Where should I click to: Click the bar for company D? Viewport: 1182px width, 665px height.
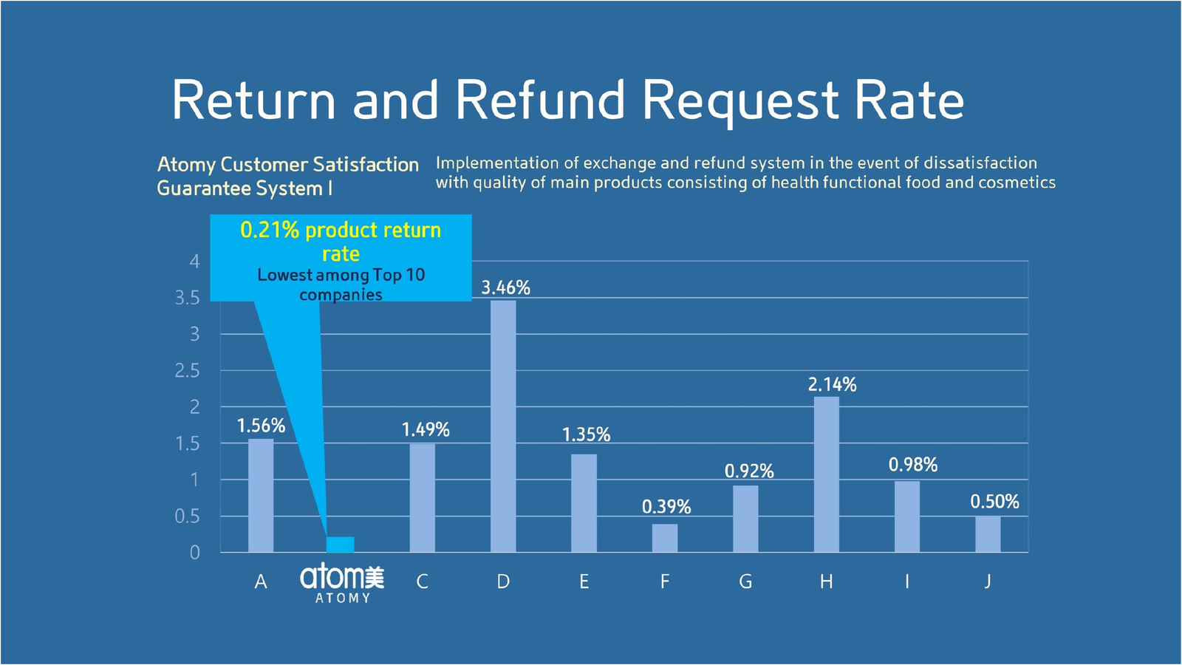coord(503,426)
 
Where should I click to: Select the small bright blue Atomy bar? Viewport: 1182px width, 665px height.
coord(341,545)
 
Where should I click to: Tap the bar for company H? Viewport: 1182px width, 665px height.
coord(826,474)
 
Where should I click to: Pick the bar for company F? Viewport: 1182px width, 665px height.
coord(665,538)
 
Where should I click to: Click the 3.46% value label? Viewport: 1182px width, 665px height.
coord(506,287)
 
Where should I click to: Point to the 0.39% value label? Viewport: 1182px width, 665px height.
coord(666,507)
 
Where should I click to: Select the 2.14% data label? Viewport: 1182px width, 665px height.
coord(832,384)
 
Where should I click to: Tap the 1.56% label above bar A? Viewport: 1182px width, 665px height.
coord(261,426)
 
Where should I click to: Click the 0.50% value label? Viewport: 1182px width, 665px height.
coord(994,502)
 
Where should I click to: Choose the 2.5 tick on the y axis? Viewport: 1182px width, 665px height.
coord(187,370)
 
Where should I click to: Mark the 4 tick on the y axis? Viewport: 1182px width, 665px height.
coord(195,261)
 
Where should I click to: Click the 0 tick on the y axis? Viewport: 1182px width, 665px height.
coord(195,552)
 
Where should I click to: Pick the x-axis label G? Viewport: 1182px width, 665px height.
coord(745,582)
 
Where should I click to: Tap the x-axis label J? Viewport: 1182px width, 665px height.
coord(988,582)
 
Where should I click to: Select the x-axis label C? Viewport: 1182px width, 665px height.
coord(422,582)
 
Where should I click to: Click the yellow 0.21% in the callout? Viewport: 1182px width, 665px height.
coord(270,230)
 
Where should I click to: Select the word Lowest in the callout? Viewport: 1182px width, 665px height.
coord(285,275)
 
